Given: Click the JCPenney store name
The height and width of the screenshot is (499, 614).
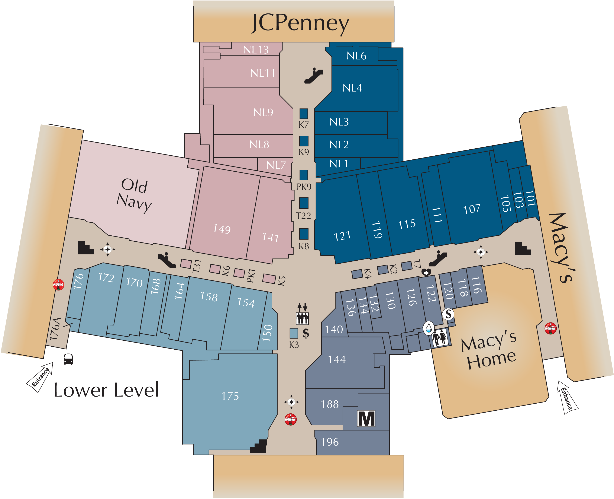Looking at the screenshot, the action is click(300, 23).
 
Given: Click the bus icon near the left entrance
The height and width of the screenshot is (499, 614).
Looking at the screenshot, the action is click(68, 359).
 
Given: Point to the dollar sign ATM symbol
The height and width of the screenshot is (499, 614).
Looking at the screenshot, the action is click(306, 333).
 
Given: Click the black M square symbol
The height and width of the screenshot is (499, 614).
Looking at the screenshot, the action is click(366, 418).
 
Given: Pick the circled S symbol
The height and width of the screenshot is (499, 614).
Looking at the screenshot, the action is click(448, 314).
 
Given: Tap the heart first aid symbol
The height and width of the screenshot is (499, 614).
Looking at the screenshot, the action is click(426, 272).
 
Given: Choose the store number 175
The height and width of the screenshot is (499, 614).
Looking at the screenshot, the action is click(230, 396).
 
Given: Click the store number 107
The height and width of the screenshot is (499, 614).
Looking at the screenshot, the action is click(472, 209).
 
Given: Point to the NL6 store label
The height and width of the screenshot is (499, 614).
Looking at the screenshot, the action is click(356, 56).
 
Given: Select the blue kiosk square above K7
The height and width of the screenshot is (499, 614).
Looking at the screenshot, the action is click(304, 114).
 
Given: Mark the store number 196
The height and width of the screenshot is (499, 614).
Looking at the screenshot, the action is click(330, 442).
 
